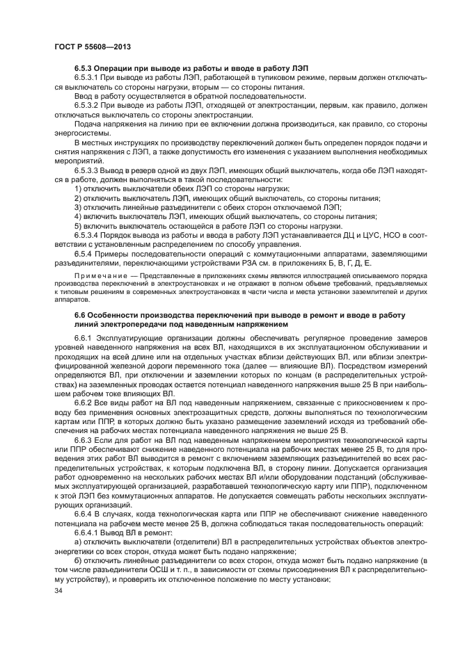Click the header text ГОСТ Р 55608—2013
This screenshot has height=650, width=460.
point(93,47)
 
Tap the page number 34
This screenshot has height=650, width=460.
point(58,590)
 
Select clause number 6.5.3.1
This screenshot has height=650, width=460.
point(88,79)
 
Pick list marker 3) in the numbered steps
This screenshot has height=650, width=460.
point(77,206)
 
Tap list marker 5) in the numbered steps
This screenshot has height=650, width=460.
point(77,225)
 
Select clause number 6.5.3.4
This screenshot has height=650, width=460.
point(88,235)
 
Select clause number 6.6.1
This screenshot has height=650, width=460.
point(84,338)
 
